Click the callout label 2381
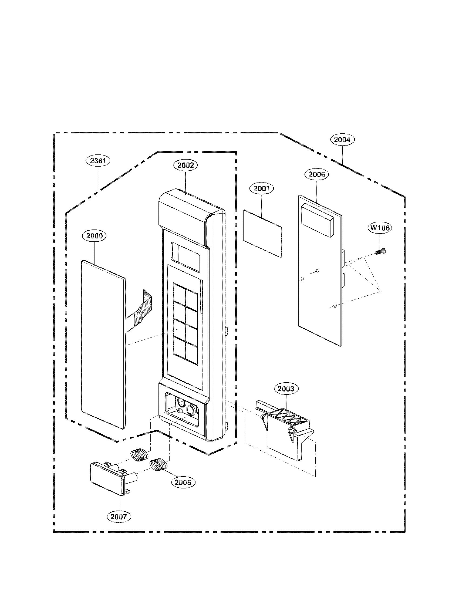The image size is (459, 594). [x=98, y=161]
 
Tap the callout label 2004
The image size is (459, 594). [x=342, y=140]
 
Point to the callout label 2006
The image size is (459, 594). [x=317, y=174]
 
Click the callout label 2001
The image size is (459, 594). [x=261, y=188]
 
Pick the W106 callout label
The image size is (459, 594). [x=380, y=228]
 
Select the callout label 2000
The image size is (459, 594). [x=94, y=236]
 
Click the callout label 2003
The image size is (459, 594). [x=286, y=389]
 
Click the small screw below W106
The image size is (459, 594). [x=380, y=252]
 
